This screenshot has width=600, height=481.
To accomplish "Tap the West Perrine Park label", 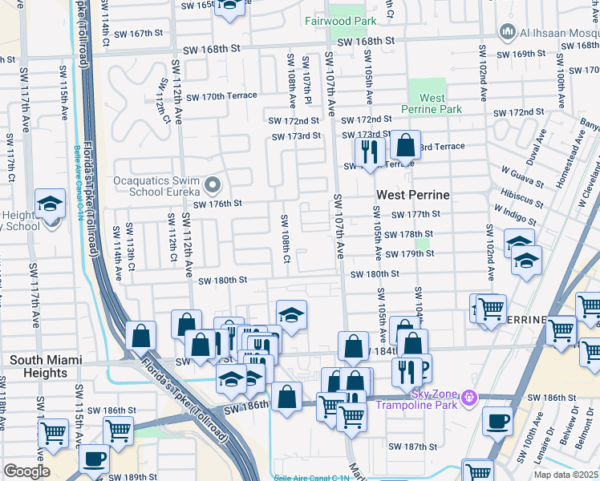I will [x=432, y=103].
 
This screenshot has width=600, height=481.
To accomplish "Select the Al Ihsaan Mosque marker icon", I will [x=506, y=32].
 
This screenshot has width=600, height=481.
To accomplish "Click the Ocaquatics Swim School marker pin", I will [x=213, y=186].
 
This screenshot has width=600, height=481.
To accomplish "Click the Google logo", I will [x=26, y=471].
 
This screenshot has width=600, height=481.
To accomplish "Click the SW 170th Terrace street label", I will [x=221, y=96].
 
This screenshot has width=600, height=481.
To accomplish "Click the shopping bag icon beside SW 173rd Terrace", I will [x=406, y=145].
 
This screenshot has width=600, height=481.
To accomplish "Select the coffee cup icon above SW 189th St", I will [x=95, y=459].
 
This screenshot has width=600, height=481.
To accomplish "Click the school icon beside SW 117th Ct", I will [x=50, y=205].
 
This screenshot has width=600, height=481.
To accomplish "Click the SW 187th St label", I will [x=412, y=447].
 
